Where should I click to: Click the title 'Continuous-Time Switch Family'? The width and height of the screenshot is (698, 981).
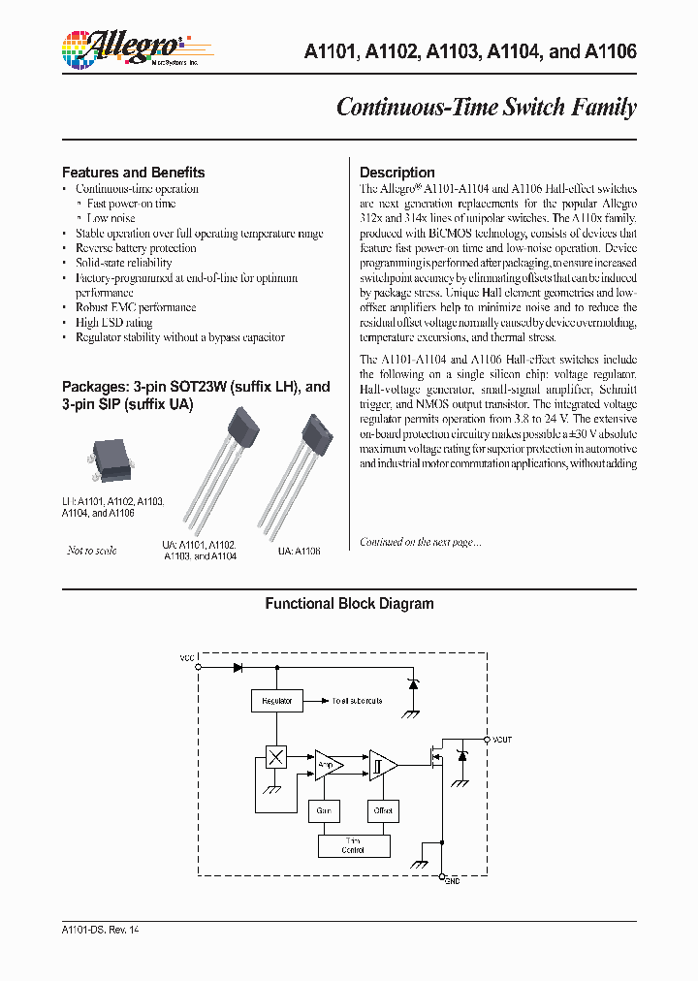486,107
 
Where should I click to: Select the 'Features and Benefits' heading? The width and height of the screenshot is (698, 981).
133,173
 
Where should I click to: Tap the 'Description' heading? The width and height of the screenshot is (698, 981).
397,173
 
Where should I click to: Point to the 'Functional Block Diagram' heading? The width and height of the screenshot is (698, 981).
349,604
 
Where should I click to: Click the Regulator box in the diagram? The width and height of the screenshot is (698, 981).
276,700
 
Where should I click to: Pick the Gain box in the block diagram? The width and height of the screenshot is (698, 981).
324,809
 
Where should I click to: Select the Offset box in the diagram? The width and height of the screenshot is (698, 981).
383,809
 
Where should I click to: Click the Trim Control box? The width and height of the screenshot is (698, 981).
353,845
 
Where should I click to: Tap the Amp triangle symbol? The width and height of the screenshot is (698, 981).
327,765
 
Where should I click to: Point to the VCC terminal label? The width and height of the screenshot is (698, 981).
187,658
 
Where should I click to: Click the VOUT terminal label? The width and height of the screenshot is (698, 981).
501,740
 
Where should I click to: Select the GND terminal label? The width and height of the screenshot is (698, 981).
453,881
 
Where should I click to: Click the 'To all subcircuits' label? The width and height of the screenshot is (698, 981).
357,700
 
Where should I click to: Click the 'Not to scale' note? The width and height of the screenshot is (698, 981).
91,551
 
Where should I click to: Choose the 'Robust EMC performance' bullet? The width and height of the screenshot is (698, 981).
136,308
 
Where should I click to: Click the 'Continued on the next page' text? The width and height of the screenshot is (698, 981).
420,542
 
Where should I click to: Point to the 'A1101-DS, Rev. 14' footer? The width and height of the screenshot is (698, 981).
101,930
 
